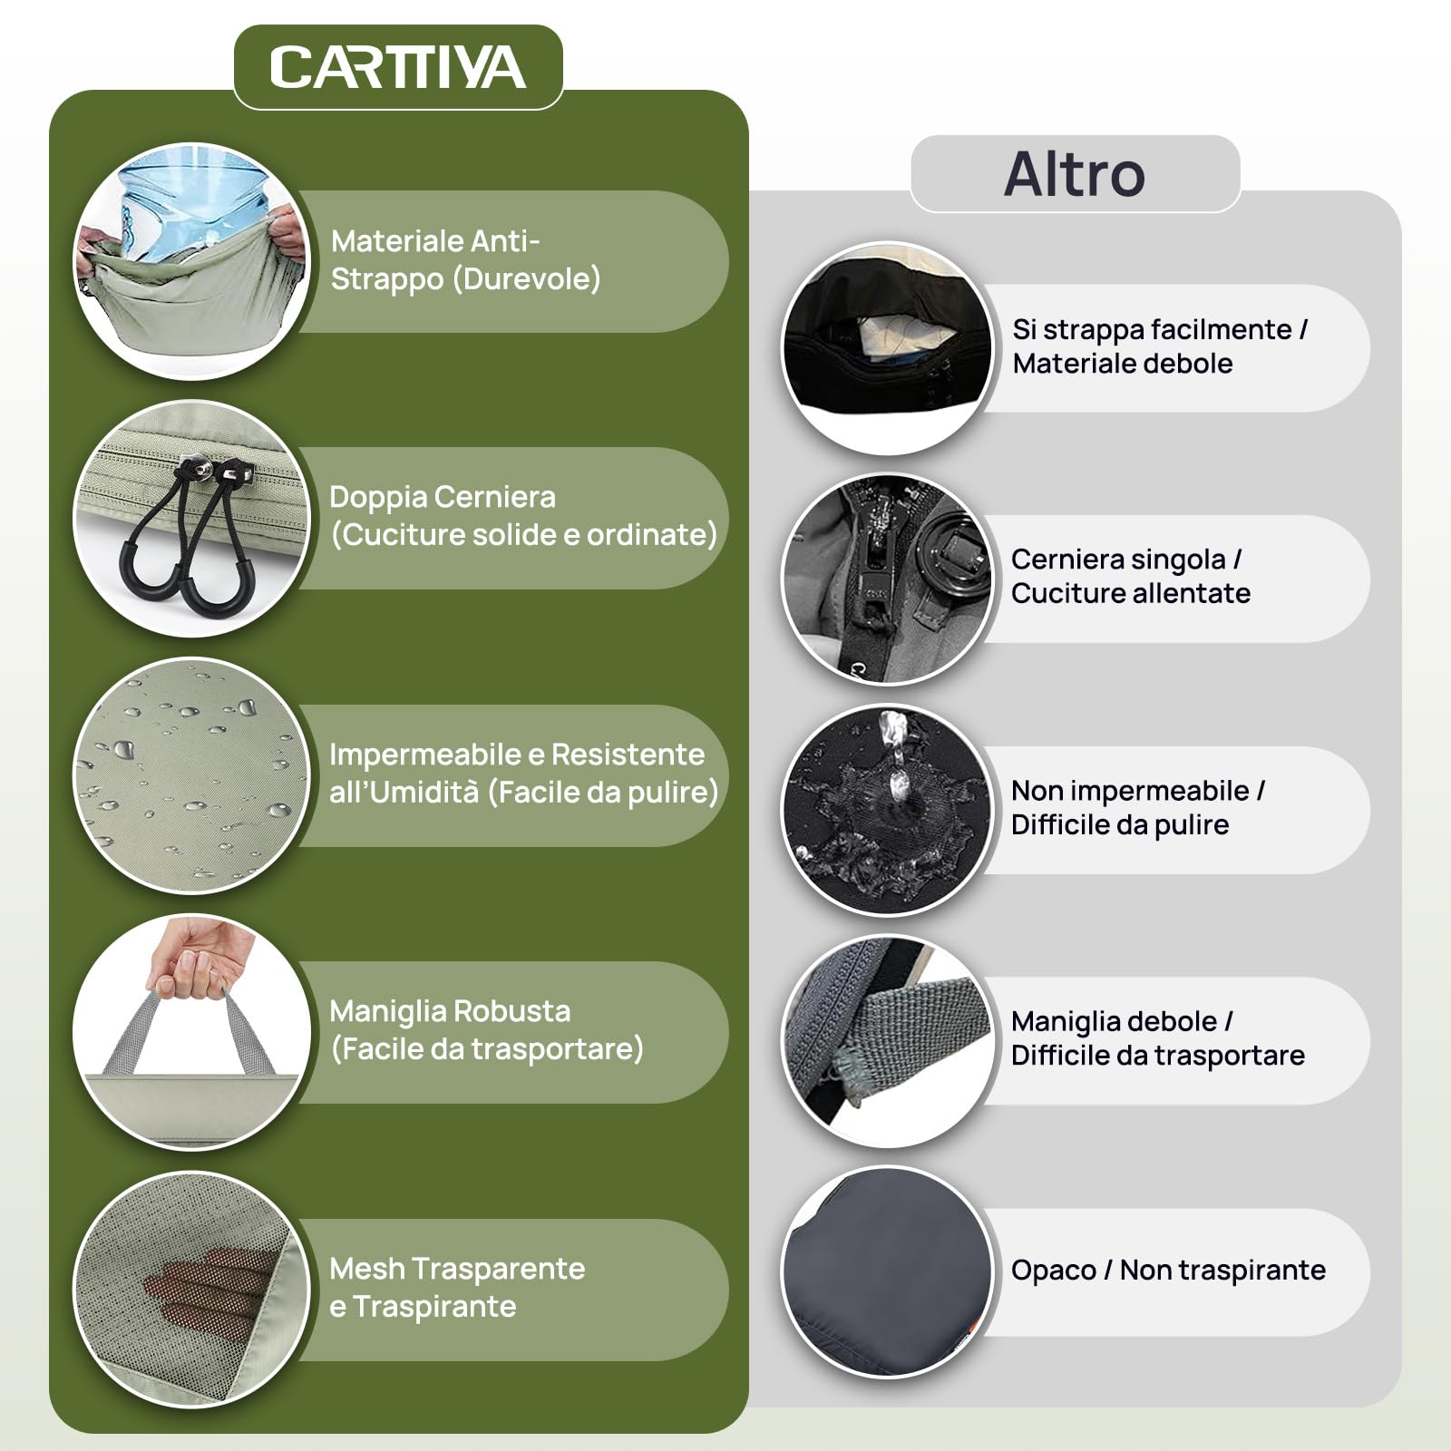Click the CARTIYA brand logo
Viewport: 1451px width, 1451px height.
(x=397, y=67)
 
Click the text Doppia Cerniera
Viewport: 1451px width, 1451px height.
(x=443, y=497)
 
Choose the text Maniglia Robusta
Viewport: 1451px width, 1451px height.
(x=450, y=1011)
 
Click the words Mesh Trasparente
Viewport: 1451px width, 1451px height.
(x=457, y=1269)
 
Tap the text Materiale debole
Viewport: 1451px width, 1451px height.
(x=1123, y=364)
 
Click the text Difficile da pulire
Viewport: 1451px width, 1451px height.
(x=1120, y=824)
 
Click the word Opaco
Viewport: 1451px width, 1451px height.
(x=1053, y=1271)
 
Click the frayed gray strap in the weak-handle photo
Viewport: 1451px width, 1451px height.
(x=907, y=1034)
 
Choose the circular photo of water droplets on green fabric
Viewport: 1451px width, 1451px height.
(x=191, y=775)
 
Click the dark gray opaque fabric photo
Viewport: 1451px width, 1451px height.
(x=888, y=1271)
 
